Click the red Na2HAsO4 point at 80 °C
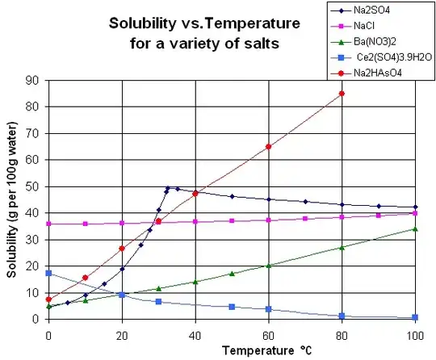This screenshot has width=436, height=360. pos(342,94)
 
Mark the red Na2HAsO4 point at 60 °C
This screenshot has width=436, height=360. pos(268,147)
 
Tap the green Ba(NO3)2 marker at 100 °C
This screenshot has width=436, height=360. pos(415,228)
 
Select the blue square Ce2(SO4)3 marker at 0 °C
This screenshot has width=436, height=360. pos(48,273)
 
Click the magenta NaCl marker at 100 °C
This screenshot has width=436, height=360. pos(415,213)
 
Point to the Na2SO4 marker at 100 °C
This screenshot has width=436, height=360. pos(415,207)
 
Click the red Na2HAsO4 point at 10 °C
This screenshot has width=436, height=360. pos(85,278)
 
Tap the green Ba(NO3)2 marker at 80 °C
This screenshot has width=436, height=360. pos(342,247)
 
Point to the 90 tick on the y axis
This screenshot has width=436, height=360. pos(36,80)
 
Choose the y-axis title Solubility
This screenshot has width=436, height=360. pos(12,218)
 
